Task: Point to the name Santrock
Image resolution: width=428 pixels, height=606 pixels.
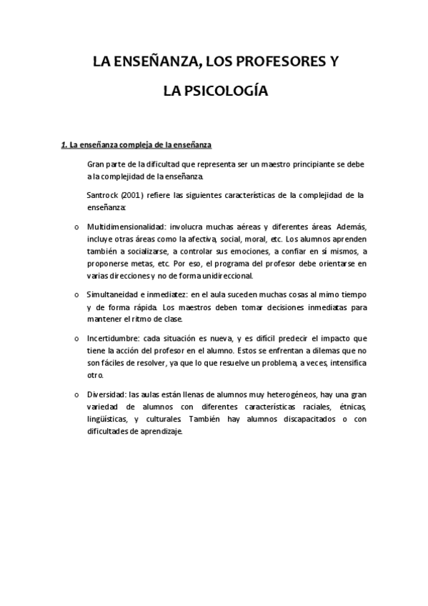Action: pyautogui.click(x=104, y=194)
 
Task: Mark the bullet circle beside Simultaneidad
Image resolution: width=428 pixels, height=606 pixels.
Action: pyautogui.click(x=76, y=294)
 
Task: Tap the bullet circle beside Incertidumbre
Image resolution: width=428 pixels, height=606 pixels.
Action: pyautogui.click(x=76, y=339)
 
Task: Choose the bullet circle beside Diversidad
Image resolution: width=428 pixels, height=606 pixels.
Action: pyautogui.click(x=76, y=394)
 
